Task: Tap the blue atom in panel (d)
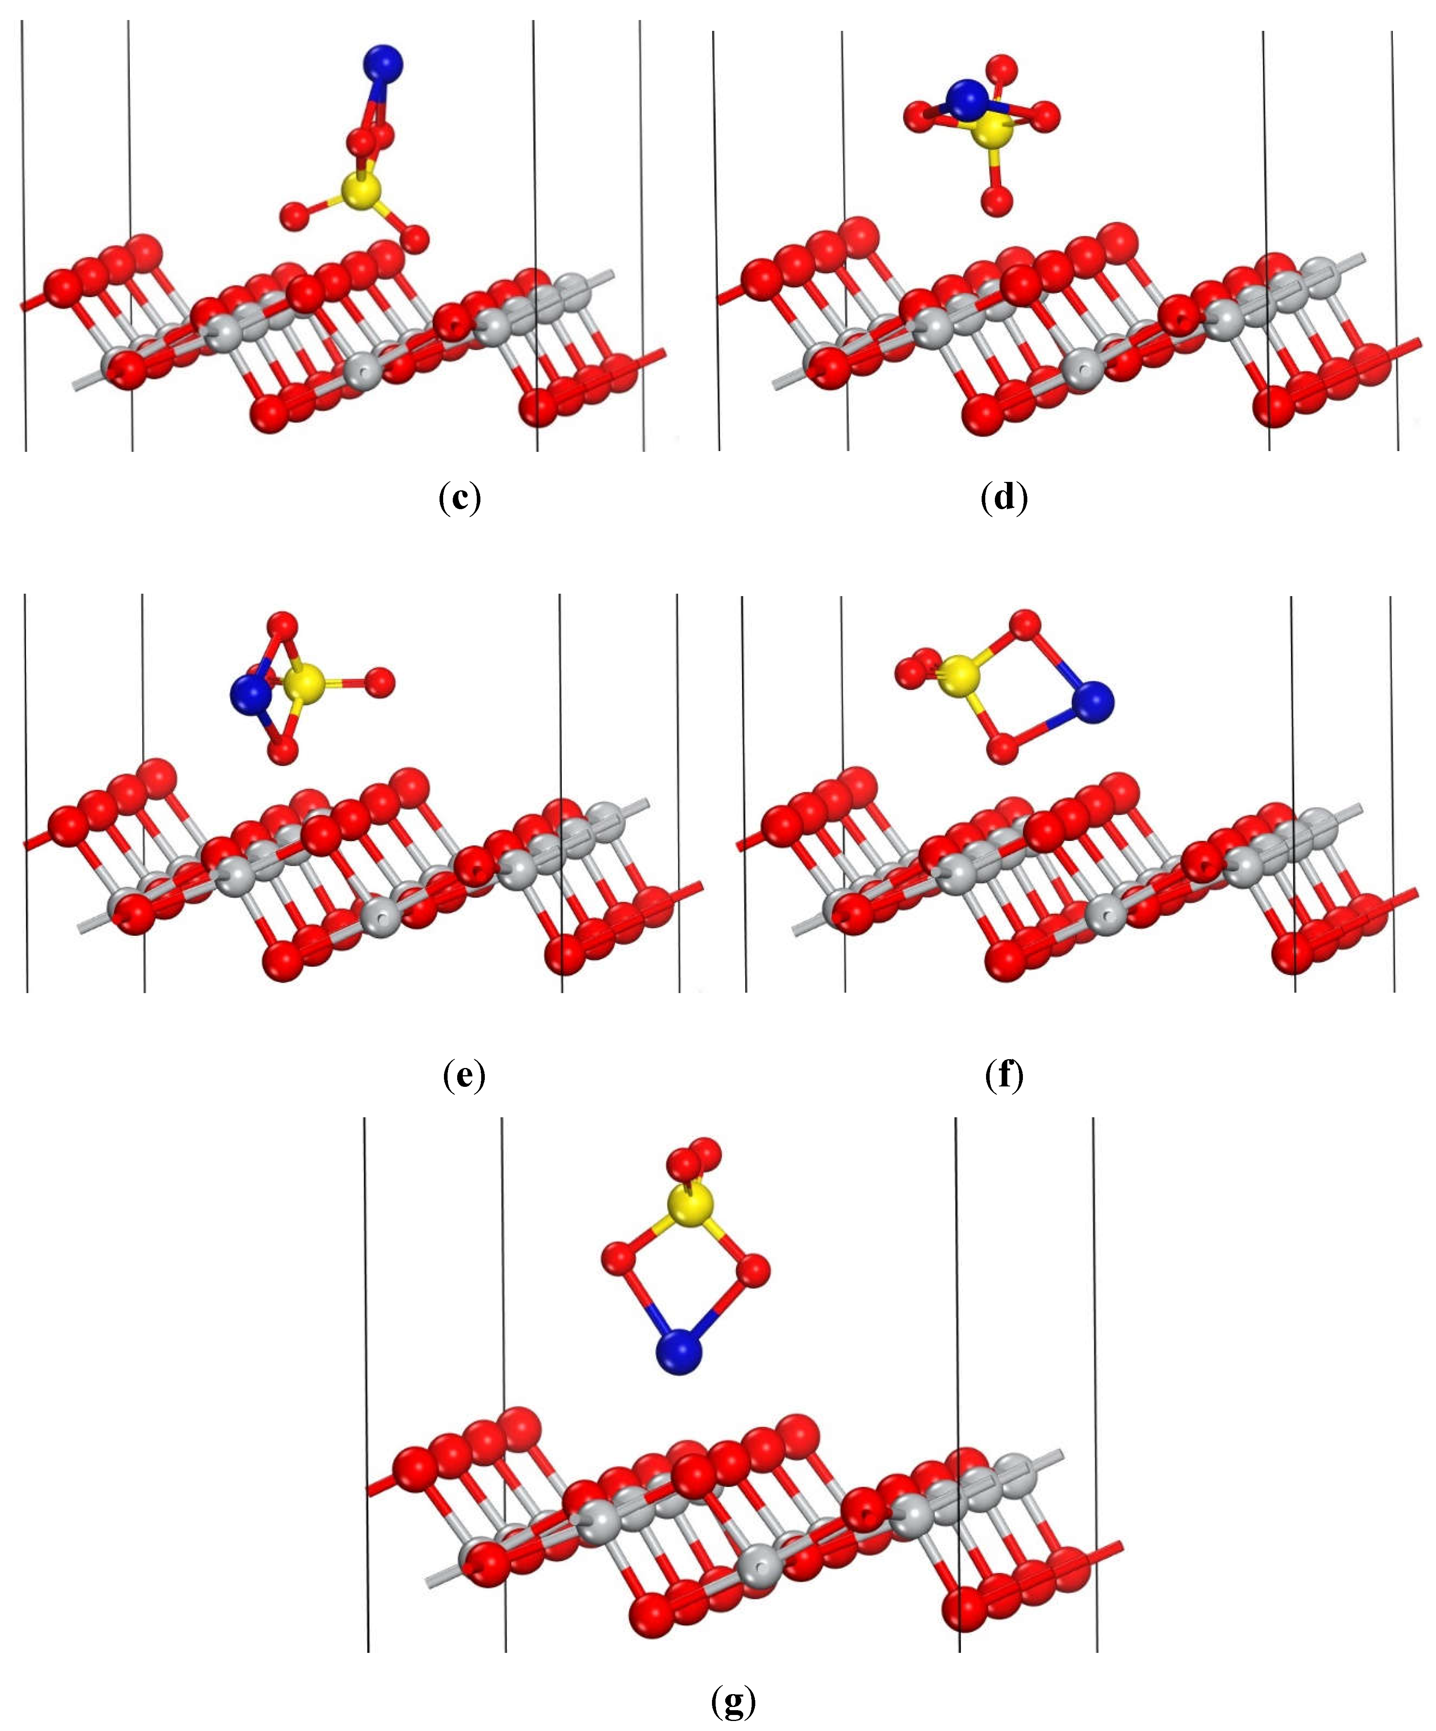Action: (x=966, y=99)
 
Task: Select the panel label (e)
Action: (x=463, y=1075)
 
